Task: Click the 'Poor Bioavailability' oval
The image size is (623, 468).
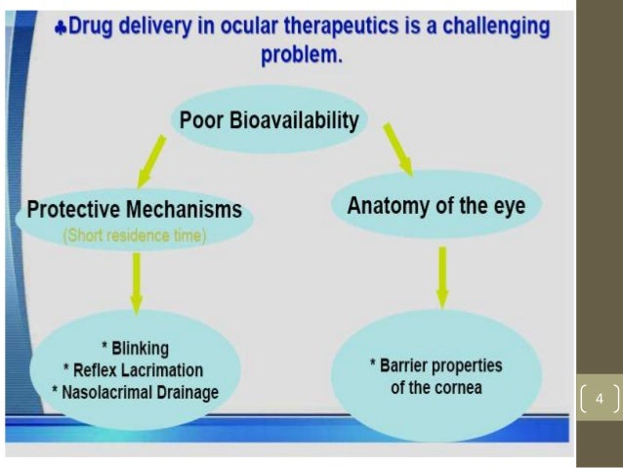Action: click(x=270, y=121)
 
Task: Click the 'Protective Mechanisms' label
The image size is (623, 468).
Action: click(x=135, y=210)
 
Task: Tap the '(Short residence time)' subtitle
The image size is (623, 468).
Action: click(x=134, y=235)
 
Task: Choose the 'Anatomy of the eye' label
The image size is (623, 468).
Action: click(x=436, y=206)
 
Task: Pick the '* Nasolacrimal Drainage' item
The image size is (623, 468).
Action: click(x=137, y=393)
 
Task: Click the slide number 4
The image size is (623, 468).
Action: click(x=600, y=399)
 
